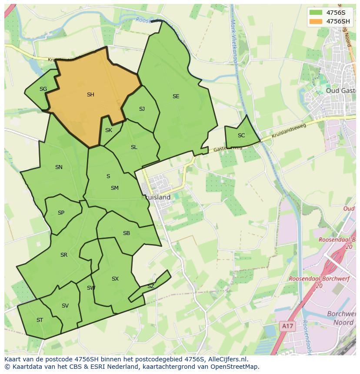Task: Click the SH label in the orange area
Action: pyautogui.click(x=90, y=95)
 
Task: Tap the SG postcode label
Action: pyautogui.click(x=43, y=89)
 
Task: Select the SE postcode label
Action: pyautogui.click(x=176, y=96)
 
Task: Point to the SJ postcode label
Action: pyautogui.click(x=142, y=109)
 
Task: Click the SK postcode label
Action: pyautogui.click(x=109, y=130)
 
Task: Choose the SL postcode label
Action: pyautogui.click(x=134, y=147)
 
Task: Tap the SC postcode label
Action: pyautogui.click(x=241, y=136)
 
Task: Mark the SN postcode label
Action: pyautogui.click(x=59, y=167)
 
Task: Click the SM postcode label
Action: pyautogui.click(x=115, y=188)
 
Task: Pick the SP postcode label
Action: pyautogui.click(x=61, y=213)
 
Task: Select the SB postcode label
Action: pyautogui.click(x=127, y=233)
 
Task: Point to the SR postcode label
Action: pyautogui.click(x=64, y=255)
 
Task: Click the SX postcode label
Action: pyautogui.click(x=115, y=279)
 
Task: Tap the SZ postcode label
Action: pyautogui.click(x=150, y=286)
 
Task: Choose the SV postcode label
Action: pyautogui.click(x=65, y=306)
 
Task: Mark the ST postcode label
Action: pyautogui.click(x=40, y=320)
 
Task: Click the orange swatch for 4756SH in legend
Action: pyautogui.click(x=316, y=21)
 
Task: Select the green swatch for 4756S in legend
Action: pyautogui.click(x=316, y=12)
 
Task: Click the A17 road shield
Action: pyautogui.click(x=286, y=325)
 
